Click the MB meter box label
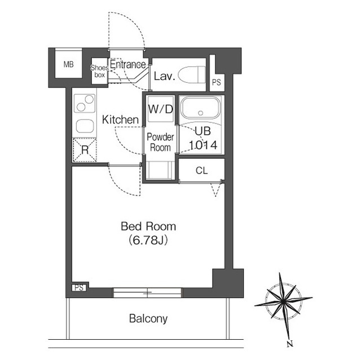(69, 64)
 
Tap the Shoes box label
(99, 71)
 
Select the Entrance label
(128, 64)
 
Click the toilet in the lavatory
(192, 75)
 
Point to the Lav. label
(164, 76)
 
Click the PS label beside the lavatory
(217, 82)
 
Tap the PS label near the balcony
(79, 288)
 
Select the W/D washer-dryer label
(160, 109)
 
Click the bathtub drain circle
(201, 113)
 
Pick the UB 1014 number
(203, 145)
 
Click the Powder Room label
(160, 143)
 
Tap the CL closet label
(202, 171)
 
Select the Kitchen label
(120, 120)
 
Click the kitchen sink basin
(85, 126)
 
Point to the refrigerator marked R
(85, 150)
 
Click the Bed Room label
(148, 226)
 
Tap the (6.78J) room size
(148, 241)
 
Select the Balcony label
(148, 319)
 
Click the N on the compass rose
(290, 344)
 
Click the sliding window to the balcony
(148, 292)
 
